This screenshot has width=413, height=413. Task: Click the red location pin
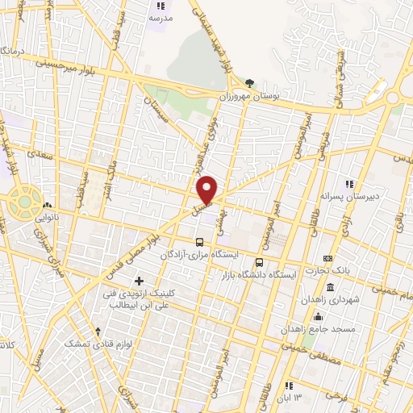click(x=207, y=189)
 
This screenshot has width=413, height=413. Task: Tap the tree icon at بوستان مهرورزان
click(x=249, y=82)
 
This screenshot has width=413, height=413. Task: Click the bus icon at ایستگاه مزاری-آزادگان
click(x=199, y=241)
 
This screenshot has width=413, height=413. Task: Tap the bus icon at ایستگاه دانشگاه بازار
click(x=259, y=262)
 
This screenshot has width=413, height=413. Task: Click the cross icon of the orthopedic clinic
click(x=140, y=282)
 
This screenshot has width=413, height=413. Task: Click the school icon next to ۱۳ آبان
click(x=290, y=386)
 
